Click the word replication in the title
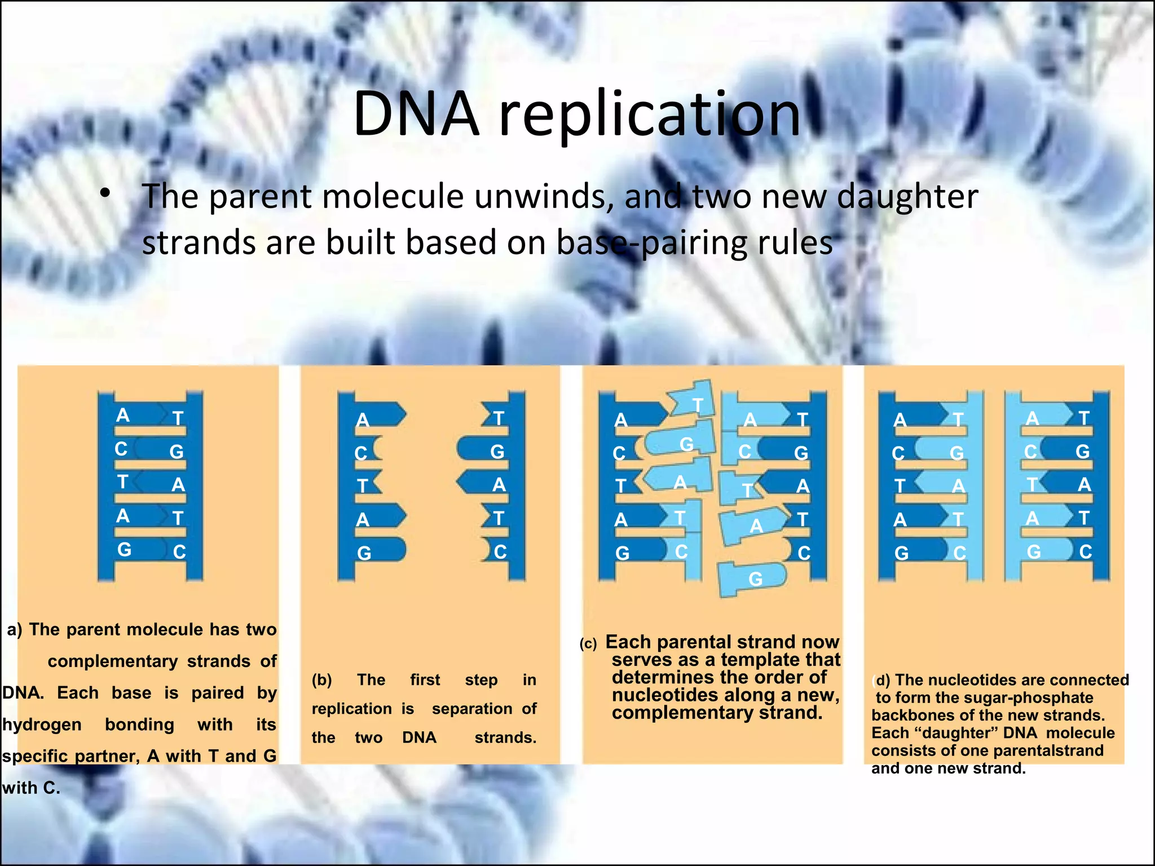[x=650, y=116]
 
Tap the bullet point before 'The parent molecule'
[x=104, y=193]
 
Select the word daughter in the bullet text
[x=907, y=197]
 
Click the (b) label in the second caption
[x=321, y=680]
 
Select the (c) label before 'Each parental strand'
[x=588, y=644]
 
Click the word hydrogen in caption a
[x=42, y=724]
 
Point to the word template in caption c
[x=764, y=660]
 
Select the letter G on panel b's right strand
[x=497, y=452]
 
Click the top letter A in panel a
[x=122, y=416]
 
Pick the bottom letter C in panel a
[x=179, y=551]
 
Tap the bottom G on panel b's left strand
[x=364, y=553]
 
